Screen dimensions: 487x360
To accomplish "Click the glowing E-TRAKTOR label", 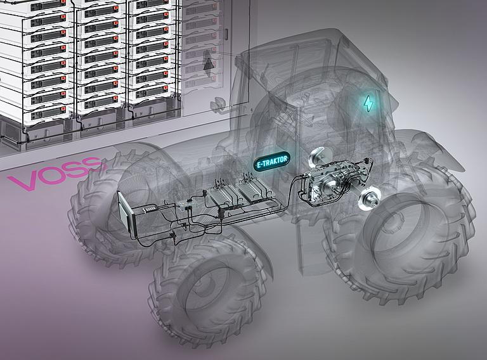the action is click(272, 162).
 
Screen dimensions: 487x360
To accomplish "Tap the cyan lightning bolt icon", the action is click(369, 103).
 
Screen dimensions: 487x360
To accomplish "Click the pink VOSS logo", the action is click(56, 172).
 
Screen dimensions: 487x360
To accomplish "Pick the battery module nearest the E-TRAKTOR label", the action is click(253, 191).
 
